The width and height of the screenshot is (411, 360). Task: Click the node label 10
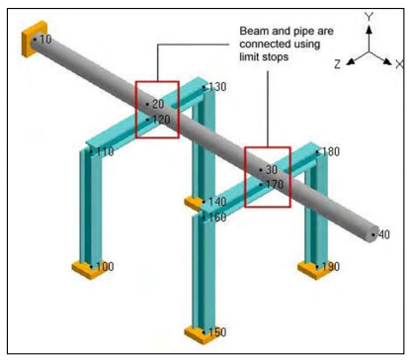click(45, 40)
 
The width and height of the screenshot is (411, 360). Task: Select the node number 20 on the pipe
click(158, 103)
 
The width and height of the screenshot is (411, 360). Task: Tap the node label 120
click(161, 120)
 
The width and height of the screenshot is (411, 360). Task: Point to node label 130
click(217, 88)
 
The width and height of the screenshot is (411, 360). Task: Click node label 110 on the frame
click(104, 152)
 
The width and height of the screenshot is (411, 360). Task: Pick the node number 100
click(104, 267)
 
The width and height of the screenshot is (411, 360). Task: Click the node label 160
click(217, 218)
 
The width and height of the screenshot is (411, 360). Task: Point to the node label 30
click(271, 170)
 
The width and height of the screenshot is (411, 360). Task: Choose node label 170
click(274, 184)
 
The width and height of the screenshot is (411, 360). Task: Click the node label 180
click(330, 152)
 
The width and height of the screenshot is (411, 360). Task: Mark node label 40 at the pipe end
click(383, 235)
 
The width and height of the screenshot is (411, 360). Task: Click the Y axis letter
click(368, 18)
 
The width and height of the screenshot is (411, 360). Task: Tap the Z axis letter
click(337, 63)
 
